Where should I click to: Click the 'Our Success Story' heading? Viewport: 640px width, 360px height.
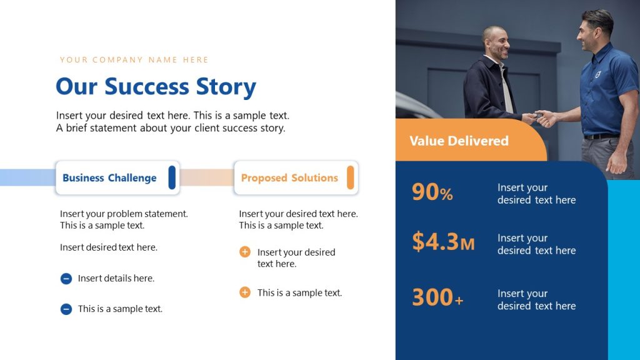[x=156, y=87]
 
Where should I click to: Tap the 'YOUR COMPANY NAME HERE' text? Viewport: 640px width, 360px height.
[x=134, y=60]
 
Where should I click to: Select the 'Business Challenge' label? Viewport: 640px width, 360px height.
[x=109, y=178]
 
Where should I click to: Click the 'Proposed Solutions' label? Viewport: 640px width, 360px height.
[x=289, y=178]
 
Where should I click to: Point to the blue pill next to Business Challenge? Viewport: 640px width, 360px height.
[x=172, y=177]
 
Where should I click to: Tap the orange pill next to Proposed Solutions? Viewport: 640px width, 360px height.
[x=351, y=177]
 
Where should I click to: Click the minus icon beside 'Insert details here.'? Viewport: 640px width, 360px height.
[x=66, y=279]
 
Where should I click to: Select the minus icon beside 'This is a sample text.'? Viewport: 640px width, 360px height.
[x=66, y=309]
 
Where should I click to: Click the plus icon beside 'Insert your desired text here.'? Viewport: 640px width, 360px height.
[x=245, y=252]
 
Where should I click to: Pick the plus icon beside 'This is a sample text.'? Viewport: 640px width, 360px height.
[x=245, y=292]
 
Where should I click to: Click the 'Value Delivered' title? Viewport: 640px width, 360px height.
[x=459, y=141]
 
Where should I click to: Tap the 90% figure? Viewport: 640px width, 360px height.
[x=432, y=192]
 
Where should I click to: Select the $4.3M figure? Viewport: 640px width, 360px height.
[x=443, y=242]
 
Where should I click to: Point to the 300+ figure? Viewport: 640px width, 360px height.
[x=437, y=297]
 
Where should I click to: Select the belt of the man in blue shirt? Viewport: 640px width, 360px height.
[x=601, y=136]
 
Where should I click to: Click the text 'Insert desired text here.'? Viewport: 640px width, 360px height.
[x=109, y=247]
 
